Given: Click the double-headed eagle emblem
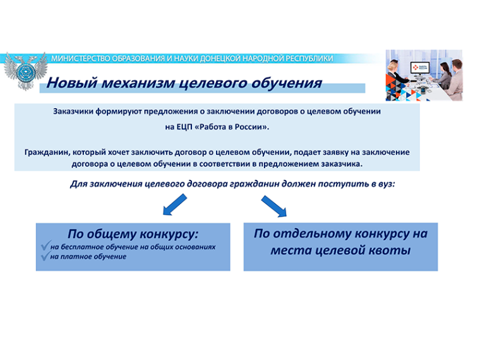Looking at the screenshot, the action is click(25, 71).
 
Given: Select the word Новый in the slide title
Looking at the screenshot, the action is click(72, 83).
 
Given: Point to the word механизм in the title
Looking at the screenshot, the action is click(138, 83).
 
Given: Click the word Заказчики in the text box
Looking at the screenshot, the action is click(73, 111).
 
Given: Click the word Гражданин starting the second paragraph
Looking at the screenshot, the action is click(47, 152).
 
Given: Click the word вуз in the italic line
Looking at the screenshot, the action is click(387, 184).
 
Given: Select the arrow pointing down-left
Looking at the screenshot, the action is click(175, 205).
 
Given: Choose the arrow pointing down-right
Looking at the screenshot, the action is click(274, 207).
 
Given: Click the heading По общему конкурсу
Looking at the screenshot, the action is click(133, 234).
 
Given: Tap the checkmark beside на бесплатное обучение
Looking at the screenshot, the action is click(45, 245).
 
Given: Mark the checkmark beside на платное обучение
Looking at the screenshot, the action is click(45, 256).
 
